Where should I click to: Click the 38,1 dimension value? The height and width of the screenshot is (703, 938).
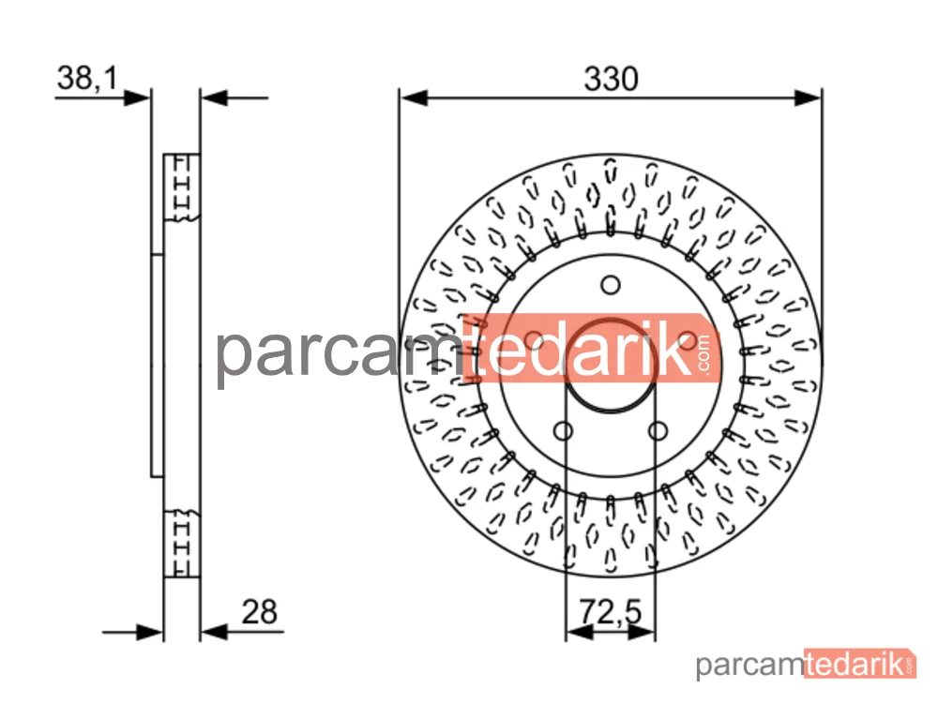(87, 79)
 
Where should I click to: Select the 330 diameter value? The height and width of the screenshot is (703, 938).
(611, 79)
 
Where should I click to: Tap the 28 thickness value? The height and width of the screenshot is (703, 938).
(260, 611)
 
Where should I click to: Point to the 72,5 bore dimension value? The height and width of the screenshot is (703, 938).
(611, 611)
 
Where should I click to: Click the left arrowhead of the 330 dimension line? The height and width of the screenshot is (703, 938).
(414, 97)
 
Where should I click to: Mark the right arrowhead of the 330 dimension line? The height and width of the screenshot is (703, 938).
(808, 97)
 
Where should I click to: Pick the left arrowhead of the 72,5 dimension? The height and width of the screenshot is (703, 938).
(579, 632)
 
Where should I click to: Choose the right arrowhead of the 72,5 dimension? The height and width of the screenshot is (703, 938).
(642, 632)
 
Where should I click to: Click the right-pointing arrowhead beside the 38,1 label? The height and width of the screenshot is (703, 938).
(137, 97)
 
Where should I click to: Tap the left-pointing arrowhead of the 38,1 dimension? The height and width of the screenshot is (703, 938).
(214, 97)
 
